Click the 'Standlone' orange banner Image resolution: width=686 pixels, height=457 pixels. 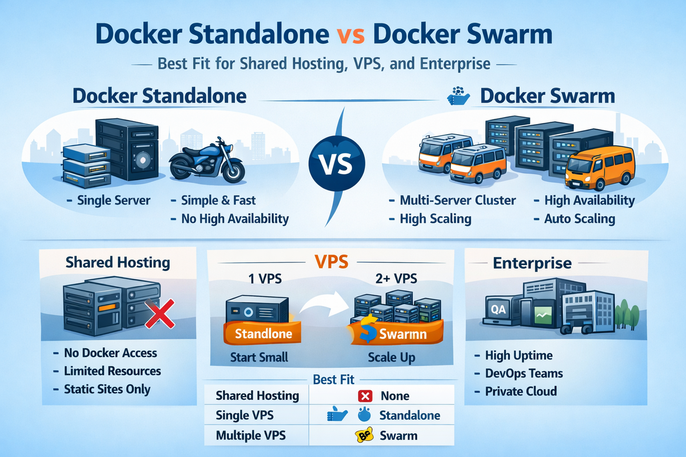point(256,333)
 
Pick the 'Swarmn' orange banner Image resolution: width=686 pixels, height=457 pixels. point(393,334)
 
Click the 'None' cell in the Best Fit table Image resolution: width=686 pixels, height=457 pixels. point(395,395)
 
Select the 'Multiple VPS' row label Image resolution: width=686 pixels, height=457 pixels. point(251,435)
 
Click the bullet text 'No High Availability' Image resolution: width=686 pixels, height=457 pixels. point(235,219)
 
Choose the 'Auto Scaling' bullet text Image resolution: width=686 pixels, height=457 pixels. point(579,219)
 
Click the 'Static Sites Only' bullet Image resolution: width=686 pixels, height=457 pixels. point(107,390)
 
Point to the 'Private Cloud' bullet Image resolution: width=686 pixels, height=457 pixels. point(521,391)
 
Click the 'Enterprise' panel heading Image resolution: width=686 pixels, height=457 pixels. point(532,263)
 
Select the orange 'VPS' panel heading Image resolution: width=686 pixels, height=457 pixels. point(332,262)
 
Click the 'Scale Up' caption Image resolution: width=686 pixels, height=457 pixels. point(392,358)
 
